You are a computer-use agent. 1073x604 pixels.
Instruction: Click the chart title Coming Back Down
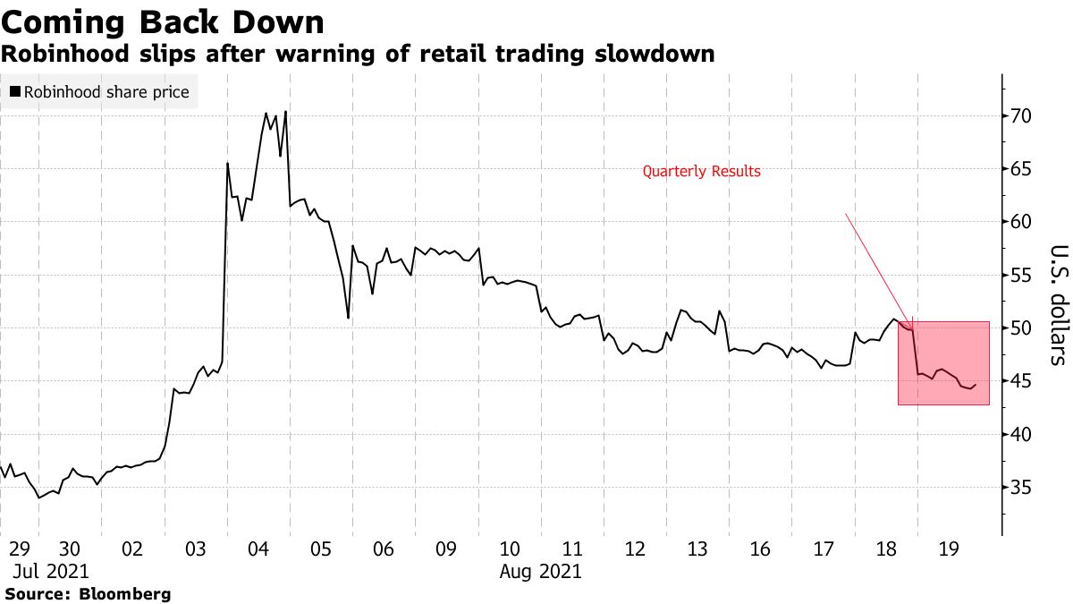(163, 21)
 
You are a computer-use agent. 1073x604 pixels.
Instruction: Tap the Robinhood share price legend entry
(106, 92)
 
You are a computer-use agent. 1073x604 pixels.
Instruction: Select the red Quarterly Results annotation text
(702, 171)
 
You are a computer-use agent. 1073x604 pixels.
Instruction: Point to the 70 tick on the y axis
(1021, 116)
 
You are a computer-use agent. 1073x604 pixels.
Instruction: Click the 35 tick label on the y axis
(1021, 488)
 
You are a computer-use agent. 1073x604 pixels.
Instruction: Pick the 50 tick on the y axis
(1021, 328)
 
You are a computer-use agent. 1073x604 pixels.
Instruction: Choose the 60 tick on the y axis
(1021, 222)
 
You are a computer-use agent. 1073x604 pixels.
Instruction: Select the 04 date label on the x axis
(258, 549)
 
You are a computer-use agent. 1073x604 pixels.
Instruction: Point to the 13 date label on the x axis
(698, 549)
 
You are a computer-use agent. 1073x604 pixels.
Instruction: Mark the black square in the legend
(14, 92)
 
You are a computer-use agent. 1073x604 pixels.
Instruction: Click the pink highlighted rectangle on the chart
(943, 362)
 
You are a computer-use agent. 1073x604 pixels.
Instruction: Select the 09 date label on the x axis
(446, 549)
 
